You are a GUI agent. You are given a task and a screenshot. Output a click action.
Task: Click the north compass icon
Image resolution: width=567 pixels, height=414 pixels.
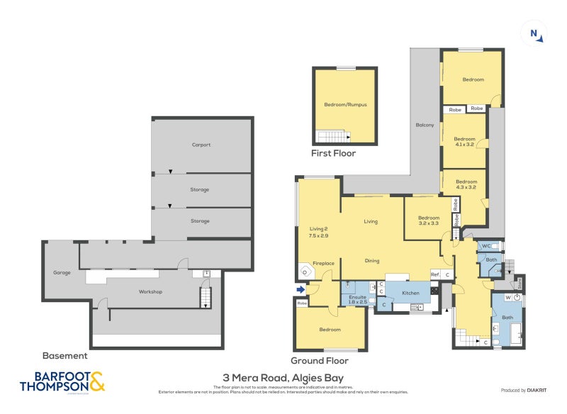coord(536,33)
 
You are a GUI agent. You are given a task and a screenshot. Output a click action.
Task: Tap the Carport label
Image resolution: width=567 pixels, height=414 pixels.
coord(201,145)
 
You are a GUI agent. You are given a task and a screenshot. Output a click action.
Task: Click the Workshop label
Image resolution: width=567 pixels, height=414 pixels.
coord(150,291)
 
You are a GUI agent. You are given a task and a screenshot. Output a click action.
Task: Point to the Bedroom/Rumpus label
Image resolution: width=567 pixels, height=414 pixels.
coord(345,105)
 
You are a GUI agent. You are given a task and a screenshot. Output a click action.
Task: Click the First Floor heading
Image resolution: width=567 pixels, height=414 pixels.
coord(334,153)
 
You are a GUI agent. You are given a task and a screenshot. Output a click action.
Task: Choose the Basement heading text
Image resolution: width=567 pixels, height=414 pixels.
coord(64,356)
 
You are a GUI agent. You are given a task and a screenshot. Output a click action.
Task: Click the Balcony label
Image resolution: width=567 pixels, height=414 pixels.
coord(425,125)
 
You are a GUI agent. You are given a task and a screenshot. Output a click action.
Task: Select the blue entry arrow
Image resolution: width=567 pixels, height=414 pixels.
coord(301,289)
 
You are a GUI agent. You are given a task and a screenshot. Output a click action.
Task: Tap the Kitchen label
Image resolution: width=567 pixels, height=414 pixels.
coord(412,292)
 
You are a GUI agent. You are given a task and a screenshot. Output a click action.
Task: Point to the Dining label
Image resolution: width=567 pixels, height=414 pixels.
coord(371,260)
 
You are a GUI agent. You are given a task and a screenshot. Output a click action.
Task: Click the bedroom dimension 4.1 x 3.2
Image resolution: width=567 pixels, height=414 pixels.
coord(464,145)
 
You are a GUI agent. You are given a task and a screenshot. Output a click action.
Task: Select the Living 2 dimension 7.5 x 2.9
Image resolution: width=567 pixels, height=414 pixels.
coord(318,235)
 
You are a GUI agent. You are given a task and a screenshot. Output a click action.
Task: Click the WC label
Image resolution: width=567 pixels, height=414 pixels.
coord(486,246)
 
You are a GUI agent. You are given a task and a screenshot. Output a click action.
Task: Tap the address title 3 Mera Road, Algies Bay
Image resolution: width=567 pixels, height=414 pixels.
coord(283,379)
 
